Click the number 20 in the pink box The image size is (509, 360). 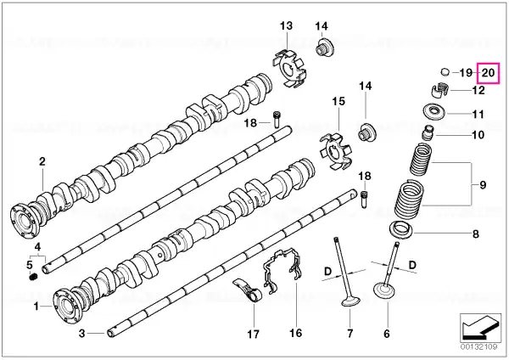pos(488,73)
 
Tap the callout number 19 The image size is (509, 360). pos(466,72)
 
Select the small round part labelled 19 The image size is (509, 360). pos(445,71)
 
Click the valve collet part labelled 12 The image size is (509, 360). pos(439,90)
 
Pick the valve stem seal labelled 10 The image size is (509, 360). pos(428,132)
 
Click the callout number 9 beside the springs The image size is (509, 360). pos(483,184)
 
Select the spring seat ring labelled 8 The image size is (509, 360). pos(401,230)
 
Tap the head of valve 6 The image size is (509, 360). pos(385,291)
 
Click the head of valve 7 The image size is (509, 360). pos(351,301)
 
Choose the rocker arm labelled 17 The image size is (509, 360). pos(248,290)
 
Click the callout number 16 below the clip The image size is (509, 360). pos(296,333)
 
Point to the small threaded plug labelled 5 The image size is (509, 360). pos(33,277)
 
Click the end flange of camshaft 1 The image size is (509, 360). pos(66,305)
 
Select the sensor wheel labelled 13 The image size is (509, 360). pos(289,69)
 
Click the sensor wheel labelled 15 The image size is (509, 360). pos(336,151)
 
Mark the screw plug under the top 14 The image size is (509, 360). pos(325,48)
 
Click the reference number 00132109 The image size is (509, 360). pos(478,347)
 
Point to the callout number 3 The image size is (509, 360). pos(82,333)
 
